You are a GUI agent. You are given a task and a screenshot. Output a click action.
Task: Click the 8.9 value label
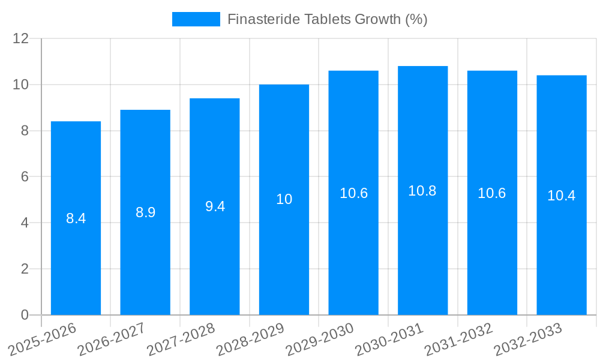pos(145,212)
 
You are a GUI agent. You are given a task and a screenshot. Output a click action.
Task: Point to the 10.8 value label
pos(422,191)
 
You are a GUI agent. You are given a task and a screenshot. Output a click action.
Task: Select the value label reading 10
pos(284,200)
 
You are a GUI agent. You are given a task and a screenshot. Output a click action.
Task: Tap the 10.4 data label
pos(562,196)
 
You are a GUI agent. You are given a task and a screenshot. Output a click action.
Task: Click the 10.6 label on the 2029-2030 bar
pos(353,193)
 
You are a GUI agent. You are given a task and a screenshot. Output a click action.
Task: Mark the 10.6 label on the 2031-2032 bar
pos(492,193)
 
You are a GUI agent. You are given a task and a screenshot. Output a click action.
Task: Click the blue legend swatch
pos(196,19)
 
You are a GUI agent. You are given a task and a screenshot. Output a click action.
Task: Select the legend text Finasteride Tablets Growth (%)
pos(328,19)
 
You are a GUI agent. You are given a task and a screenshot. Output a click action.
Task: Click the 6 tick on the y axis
pos(25,177)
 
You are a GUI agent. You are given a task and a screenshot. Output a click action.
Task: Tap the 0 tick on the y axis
pos(25,315)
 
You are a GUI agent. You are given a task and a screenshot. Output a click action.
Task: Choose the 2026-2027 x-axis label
pos(112,340)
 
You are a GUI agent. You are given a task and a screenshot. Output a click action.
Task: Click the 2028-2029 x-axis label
pos(251,340)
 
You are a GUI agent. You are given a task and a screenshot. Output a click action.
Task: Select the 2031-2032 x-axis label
pos(459,340)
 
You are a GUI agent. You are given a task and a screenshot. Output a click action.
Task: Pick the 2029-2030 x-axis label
pos(320,340)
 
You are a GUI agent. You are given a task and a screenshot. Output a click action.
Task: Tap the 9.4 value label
pos(215,206)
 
